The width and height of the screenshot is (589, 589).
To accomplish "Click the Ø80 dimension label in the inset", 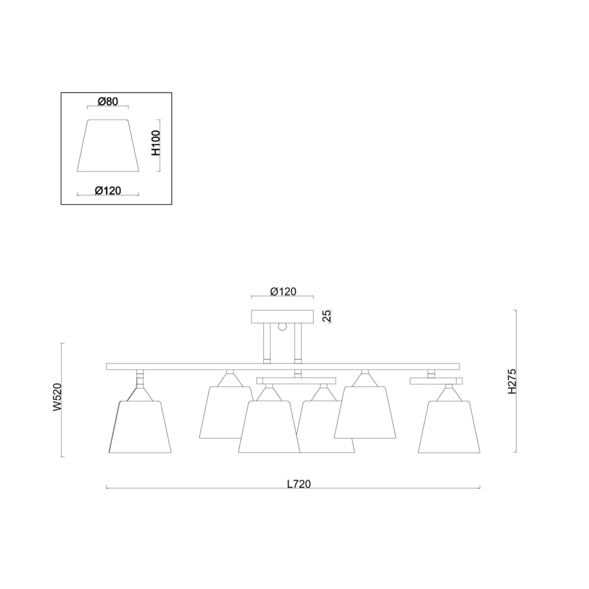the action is point(108,101).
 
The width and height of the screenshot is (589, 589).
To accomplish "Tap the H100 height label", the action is point(156,143).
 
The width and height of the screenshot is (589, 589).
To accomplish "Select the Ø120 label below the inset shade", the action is point(108,191).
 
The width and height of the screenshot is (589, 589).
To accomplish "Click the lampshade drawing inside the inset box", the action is point(108,145).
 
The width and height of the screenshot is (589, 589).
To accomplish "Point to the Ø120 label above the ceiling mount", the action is point(283,292).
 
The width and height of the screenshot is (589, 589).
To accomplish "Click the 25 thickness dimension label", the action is point(326,316).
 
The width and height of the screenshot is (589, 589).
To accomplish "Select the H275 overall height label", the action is point(512,381).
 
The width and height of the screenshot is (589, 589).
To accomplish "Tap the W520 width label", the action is point(57,398).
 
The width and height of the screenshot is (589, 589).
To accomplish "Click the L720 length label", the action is point(299,484).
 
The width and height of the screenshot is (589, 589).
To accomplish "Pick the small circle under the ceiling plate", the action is point(282,326).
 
